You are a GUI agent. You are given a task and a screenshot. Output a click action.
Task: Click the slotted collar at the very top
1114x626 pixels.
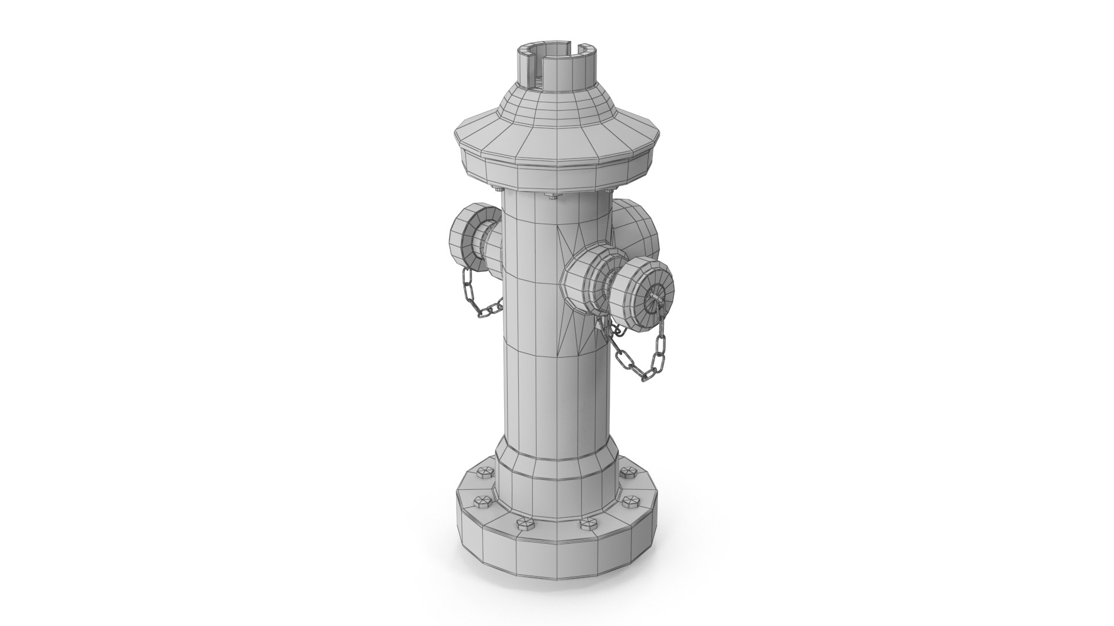click(557, 67)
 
